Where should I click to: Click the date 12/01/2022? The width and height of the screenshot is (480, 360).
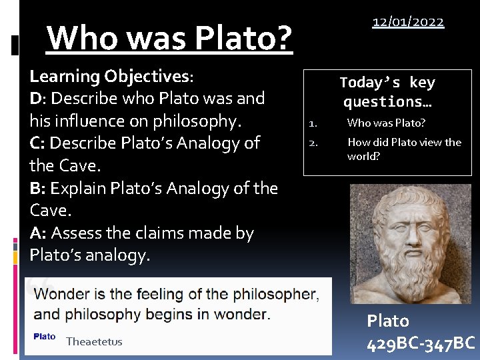[x=408, y=22]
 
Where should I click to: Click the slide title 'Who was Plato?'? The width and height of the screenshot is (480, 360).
[x=170, y=39]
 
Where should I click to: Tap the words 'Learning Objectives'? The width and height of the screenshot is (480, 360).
[x=110, y=76]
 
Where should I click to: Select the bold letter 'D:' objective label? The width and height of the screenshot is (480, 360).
[x=38, y=98]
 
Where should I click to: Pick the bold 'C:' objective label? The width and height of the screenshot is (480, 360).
[x=37, y=143]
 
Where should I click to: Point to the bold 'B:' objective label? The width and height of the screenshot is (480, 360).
[x=38, y=188]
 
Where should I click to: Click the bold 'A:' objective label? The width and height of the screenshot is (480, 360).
[x=38, y=233]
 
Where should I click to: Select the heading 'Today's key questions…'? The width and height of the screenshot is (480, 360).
[x=387, y=92]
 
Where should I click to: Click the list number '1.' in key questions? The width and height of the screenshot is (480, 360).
[x=311, y=123]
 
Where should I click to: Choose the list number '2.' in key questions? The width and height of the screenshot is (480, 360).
[x=311, y=142]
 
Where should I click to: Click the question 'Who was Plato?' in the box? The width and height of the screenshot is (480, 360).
[x=386, y=123]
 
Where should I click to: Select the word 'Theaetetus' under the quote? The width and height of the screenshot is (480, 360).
[x=94, y=342]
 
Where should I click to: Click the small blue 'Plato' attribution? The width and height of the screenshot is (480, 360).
[x=44, y=337]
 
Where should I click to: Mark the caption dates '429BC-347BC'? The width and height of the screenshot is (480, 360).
[x=421, y=344]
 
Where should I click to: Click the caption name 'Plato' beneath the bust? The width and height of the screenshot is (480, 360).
[x=388, y=321]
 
